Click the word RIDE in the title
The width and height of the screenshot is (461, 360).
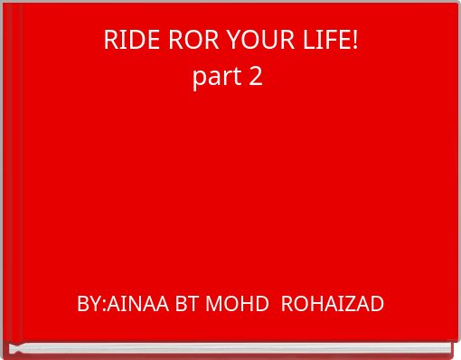[x=124, y=41]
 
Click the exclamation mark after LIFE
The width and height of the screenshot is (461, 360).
[x=355, y=41]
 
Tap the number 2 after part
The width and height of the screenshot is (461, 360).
[x=256, y=77]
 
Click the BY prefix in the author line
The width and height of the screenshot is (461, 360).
[x=89, y=304]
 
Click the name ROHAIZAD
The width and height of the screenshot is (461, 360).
[x=333, y=304]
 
